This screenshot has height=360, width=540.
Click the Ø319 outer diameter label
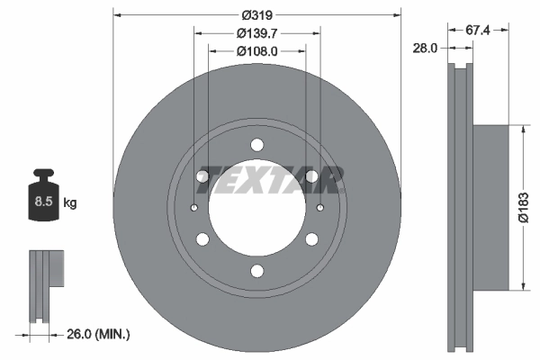pos(257,15)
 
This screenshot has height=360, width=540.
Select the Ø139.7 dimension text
pos(257,33)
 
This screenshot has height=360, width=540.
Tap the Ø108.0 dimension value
pos(257,51)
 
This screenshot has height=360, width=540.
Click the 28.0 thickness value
pos(423,48)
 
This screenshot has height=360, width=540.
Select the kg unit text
pos(70,203)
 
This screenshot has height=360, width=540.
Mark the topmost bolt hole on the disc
pos(257,145)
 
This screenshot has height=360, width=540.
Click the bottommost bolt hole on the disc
pos(257,272)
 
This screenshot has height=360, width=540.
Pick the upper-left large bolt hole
pos(202,176)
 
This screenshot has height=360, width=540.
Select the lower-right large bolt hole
pos(312,239)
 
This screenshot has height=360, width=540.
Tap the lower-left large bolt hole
pos(202,239)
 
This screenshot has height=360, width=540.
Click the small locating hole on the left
pos(195,209)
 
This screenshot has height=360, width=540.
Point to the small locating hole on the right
pos(320,209)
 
